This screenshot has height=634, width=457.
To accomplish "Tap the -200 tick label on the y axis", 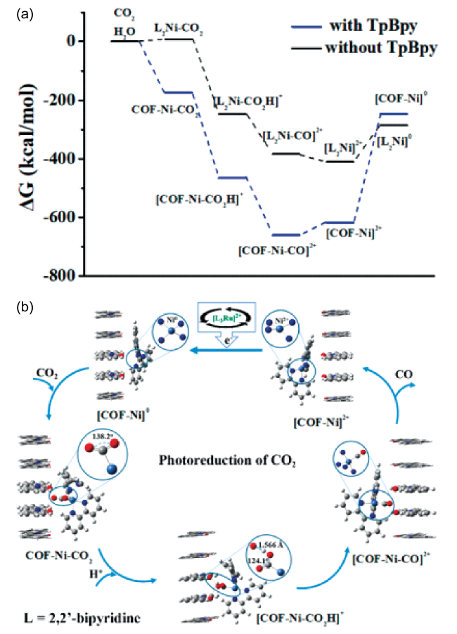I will [x=60, y=101].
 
